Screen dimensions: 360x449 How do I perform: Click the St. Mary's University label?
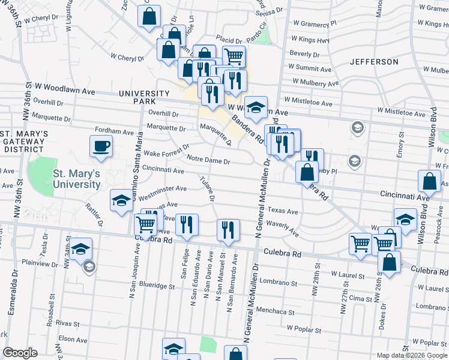click(76, 179)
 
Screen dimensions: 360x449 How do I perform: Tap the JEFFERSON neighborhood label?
click(374, 62)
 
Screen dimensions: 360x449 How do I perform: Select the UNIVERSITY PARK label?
click(145, 98)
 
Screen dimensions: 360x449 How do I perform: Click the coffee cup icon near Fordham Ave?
click(101, 146)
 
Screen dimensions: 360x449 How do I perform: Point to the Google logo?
click(20, 353)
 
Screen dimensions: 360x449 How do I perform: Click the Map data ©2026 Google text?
click(412, 355)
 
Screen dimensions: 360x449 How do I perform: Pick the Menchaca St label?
click(275, 313)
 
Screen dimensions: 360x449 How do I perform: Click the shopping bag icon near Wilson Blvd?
click(430, 181)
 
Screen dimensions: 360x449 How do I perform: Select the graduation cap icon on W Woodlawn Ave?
click(256, 107)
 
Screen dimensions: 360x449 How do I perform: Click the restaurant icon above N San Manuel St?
click(228, 230)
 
